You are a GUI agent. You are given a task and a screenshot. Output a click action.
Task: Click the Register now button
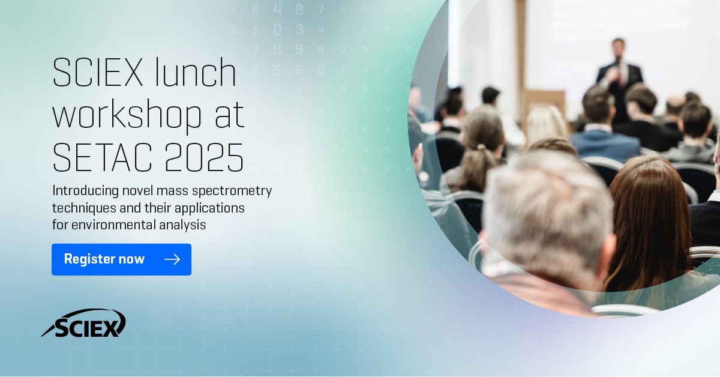pyautogui.click(x=121, y=259)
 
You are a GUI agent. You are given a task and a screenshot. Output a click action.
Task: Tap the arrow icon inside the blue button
pyautogui.click(x=172, y=259)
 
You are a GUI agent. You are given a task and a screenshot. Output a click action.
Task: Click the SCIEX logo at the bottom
pyautogui.click(x=84, y=324)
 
